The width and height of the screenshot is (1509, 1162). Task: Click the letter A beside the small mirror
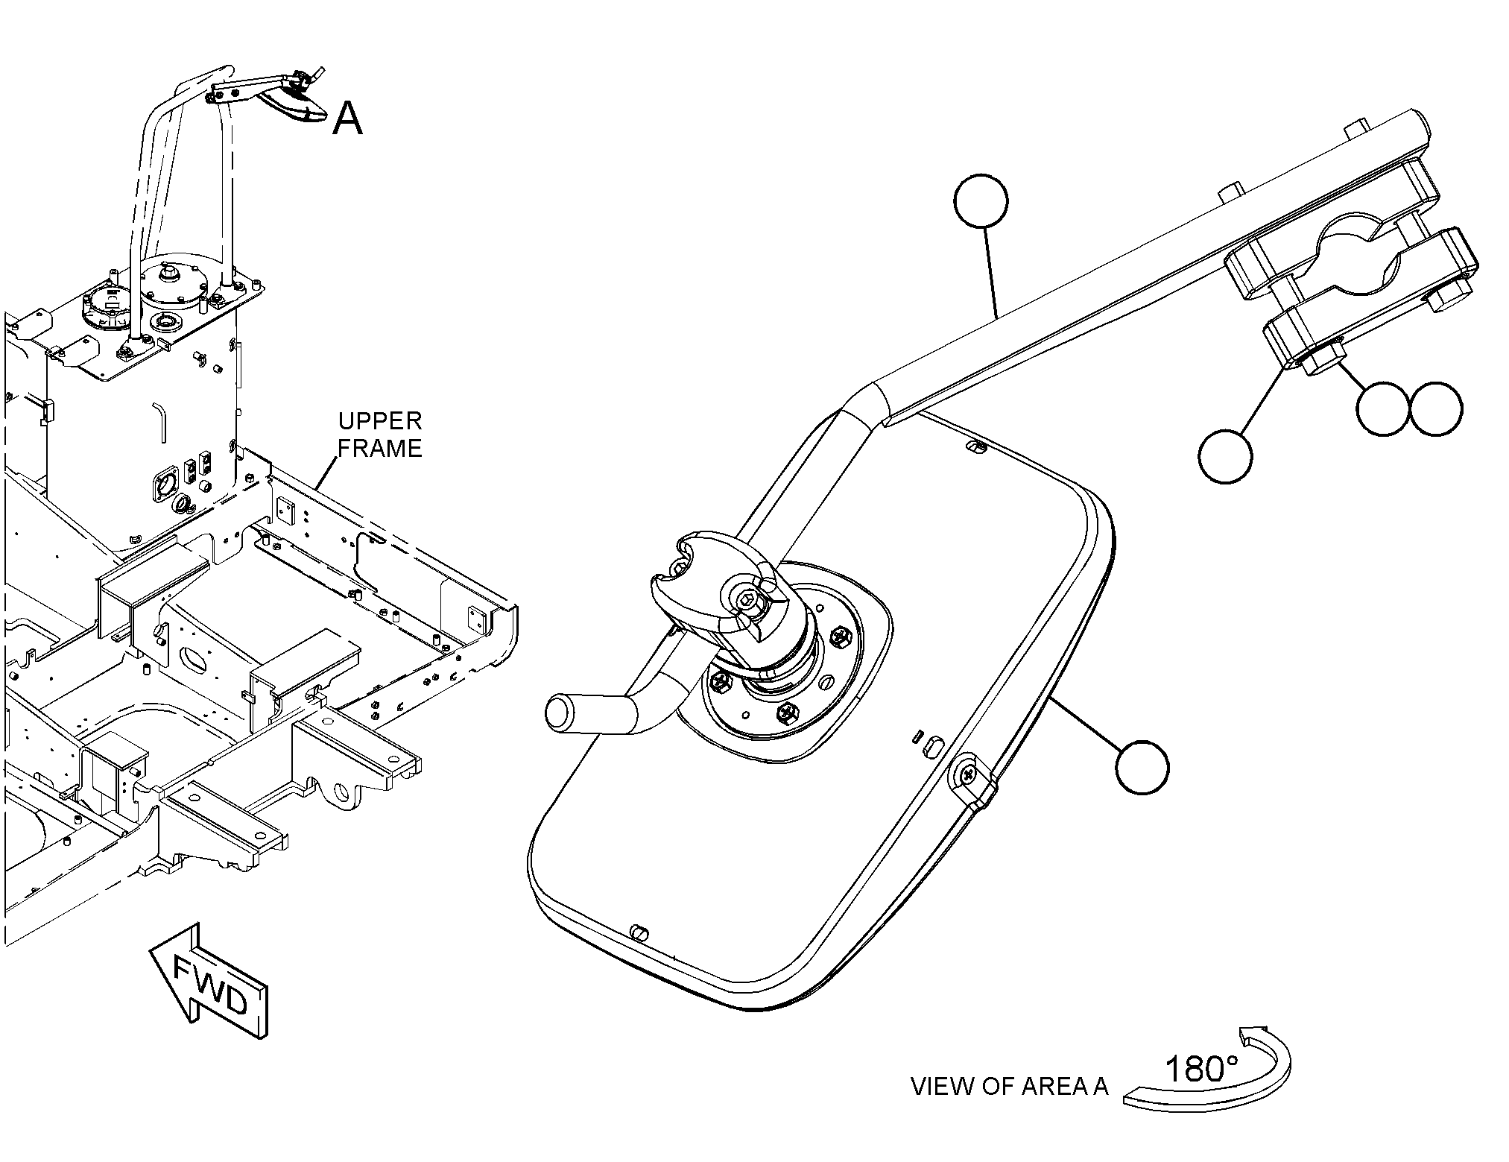[347, 118]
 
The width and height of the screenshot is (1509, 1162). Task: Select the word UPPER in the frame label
[380, 421]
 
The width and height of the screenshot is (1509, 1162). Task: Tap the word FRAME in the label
[380, 448]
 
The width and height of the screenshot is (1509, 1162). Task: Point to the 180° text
[1200, 1070]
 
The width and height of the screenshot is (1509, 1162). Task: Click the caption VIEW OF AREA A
[1010, 1087]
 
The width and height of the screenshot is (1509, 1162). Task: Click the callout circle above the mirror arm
[981, 201]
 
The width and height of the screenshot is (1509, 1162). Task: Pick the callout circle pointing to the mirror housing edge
[1142, 767]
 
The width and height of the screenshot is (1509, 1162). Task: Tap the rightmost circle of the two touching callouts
[1437, 409]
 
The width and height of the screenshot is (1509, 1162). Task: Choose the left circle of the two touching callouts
[1383, 409]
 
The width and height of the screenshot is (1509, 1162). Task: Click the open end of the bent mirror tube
[558, 712]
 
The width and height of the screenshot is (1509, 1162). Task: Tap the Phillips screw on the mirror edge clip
[968, 775]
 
